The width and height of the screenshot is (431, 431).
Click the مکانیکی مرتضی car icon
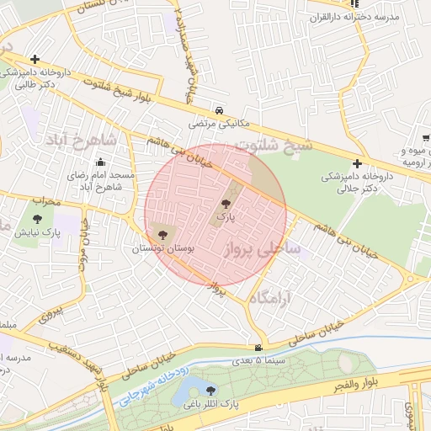219,110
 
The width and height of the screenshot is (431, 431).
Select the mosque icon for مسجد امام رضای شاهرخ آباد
101,162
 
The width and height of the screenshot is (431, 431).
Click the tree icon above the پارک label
224,204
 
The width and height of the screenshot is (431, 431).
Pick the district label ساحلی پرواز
261,249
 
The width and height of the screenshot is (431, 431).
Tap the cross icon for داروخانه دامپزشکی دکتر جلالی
358,163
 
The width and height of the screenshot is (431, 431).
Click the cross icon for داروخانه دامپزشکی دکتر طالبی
35,59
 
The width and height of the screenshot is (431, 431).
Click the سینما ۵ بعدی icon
258,348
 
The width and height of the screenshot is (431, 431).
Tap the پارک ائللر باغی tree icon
209,390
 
